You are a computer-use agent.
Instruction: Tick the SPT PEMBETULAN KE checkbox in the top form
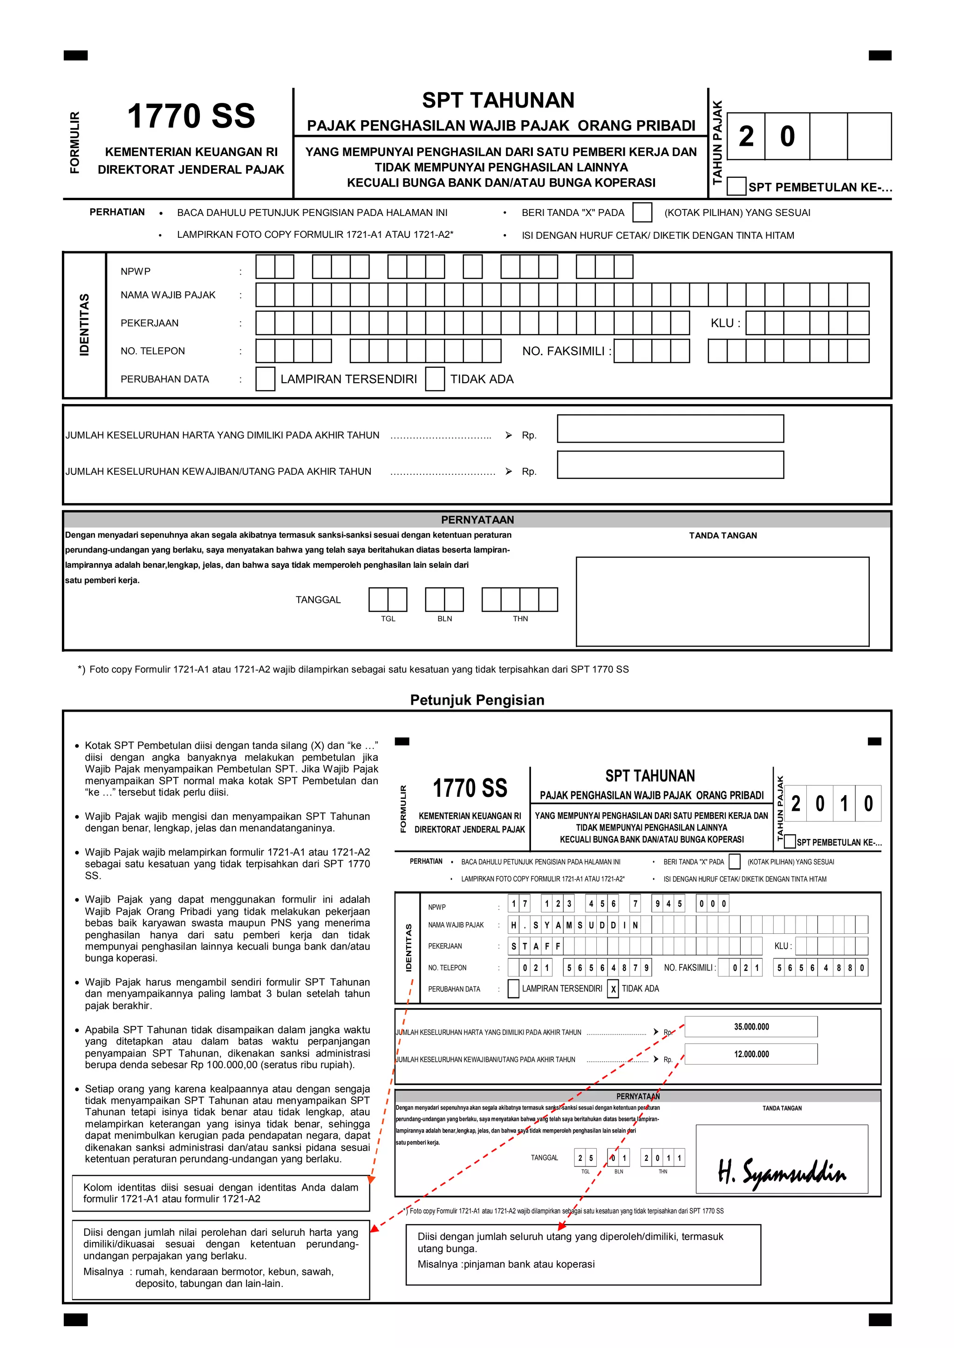(x=736, y=186)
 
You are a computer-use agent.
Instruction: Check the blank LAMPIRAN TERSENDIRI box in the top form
(x=265, y=379)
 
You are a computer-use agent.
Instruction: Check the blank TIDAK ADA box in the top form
(x=435, y=379)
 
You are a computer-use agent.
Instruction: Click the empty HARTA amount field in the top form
(x=670, y=429)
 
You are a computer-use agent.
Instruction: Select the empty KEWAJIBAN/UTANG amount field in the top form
(x=670, y=465)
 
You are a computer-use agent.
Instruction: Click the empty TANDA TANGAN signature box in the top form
(x=722, y=601)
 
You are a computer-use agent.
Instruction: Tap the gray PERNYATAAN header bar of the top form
(x=477, y=519)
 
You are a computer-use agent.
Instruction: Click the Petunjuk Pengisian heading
(x=477, y=700)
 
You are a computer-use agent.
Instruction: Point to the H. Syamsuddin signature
(x=781, y=1173)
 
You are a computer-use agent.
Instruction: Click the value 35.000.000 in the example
(x=751, y=1027)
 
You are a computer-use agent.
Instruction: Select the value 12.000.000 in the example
(x=751, y=1054)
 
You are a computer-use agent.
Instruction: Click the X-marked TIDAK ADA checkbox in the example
(x=613, y=989)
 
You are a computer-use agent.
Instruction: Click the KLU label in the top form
(x=724, y=323)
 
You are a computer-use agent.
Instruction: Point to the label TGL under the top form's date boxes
(x=388, y=619)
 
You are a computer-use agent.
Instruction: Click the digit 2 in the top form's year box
(x=746, y=136)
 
